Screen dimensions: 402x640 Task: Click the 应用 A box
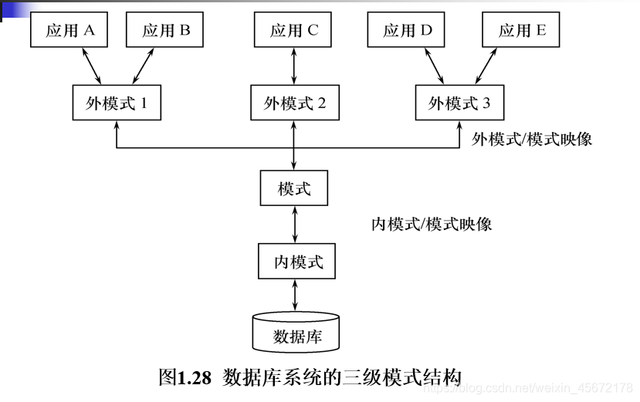69,31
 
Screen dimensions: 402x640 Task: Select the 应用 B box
166,31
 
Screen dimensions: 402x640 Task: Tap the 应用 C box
294,31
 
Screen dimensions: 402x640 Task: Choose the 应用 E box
521,31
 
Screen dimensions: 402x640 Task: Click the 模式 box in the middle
294,188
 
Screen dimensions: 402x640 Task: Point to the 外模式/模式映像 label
532,140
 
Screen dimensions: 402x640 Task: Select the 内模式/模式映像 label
432,225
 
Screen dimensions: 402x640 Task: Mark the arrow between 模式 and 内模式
294,225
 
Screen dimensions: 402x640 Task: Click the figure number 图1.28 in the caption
185,379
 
